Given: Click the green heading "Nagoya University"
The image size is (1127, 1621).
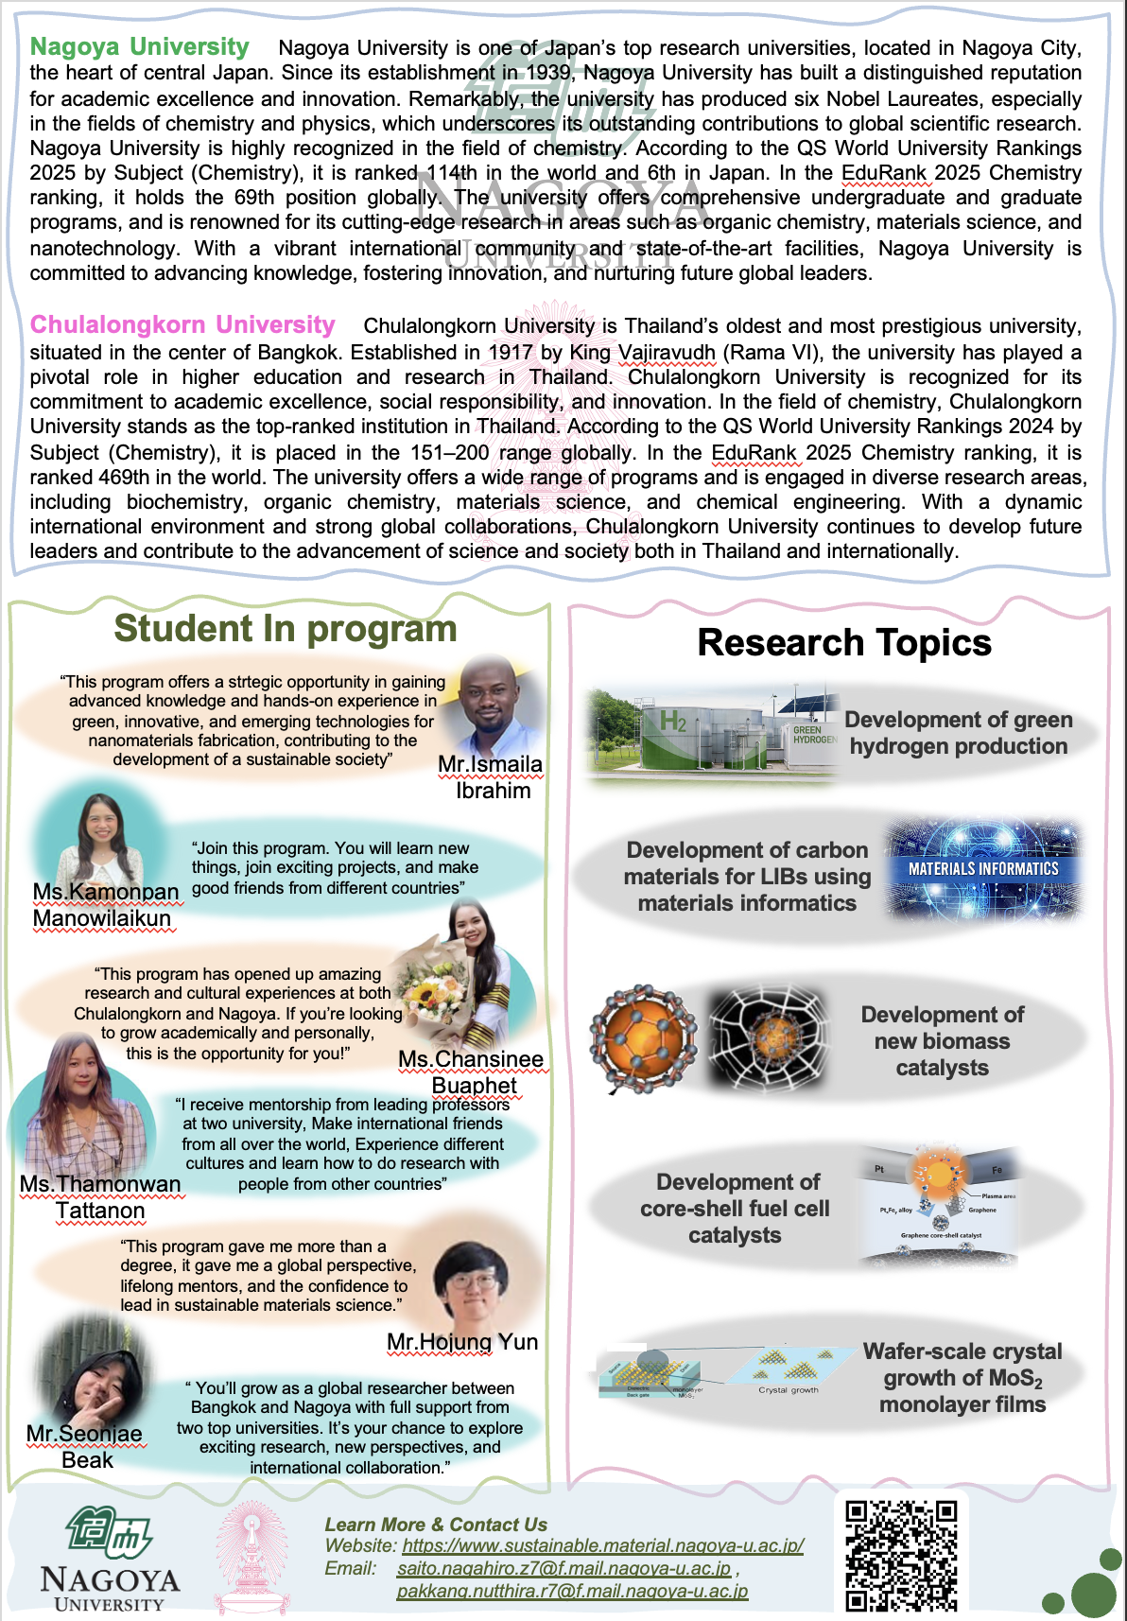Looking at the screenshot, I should tap(140, 47).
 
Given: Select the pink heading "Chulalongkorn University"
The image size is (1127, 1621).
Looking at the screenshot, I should tap(182, 325).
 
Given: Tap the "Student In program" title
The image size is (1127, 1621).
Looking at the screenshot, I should tap(285, 629).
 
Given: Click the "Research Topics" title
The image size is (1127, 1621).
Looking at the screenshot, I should tap(844, 643).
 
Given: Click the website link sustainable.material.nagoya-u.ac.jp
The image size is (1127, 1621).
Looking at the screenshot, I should tap(603, 1545).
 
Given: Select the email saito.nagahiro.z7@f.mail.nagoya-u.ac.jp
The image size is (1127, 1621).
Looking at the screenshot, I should tap(564, 1568).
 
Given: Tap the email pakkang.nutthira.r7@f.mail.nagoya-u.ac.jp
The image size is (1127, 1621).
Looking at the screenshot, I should tap(572, 1591).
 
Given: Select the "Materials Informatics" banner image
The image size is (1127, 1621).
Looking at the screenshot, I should tap(983, 869).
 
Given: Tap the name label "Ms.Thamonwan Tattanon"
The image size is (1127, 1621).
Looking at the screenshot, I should tap(100, 1197).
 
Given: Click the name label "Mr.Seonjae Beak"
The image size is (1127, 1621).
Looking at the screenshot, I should tap(85, 1447).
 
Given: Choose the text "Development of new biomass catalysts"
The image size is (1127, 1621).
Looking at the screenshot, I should tap(942, 1041).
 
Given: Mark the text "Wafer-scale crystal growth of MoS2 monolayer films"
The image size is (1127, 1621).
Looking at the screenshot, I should tap(962, 1378).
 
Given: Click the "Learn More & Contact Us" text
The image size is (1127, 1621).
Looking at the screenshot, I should tap(436, 1525).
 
